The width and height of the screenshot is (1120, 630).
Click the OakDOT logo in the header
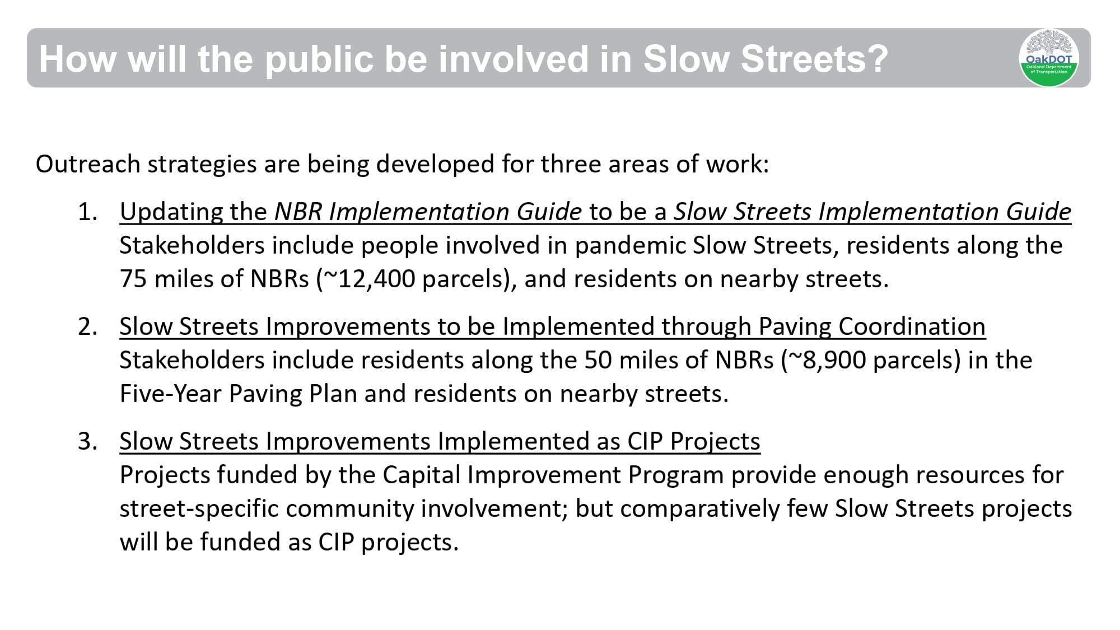click(1048, 58)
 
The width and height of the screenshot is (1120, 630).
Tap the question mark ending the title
click(878, 58)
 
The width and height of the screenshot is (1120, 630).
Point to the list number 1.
click(87, 212)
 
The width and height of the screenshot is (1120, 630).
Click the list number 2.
click(87, 326)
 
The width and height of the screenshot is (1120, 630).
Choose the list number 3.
click(87, 441)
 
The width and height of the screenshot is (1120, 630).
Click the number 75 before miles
click(133, 279)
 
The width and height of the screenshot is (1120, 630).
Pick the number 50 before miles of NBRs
click(598, 360)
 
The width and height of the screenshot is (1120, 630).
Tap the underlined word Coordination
click(912, 326)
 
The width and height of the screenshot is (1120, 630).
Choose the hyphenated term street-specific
click(199, 508)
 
